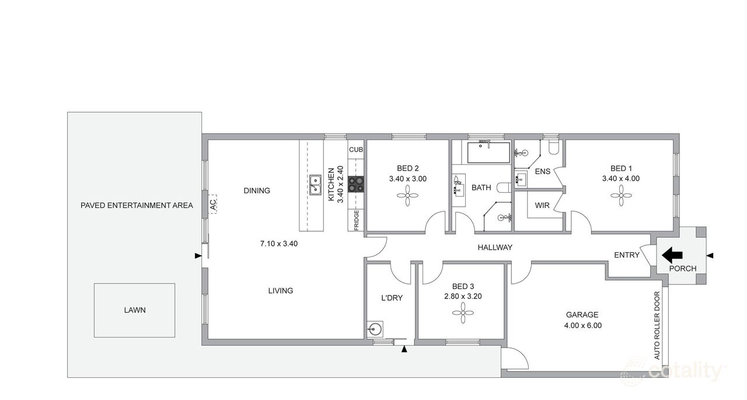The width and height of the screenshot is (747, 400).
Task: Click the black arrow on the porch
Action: click(x=672, y=255)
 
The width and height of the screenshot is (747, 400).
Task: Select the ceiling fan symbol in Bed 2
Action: click(x=408, y=196)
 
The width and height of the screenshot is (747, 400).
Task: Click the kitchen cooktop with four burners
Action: click(x=355, y=185)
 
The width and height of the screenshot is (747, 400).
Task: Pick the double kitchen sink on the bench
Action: click(x=315, y=185)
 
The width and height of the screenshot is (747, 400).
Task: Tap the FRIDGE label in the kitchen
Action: click(x=356, y=220)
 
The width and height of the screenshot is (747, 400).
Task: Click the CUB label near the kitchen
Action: click(x=355, y=149)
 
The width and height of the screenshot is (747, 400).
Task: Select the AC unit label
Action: click(x=213, y=204)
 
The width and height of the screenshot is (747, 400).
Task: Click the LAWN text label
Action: click(x=135, y=310)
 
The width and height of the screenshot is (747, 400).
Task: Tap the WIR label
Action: click(x=542, y=206)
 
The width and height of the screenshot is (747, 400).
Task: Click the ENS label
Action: click(x=543, y=172)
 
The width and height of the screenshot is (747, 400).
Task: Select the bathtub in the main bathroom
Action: click(x=488, y=152)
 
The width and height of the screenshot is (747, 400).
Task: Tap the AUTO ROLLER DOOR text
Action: click(x=657, y=325)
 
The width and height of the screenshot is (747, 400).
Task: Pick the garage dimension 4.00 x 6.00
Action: click(x=582, y=326)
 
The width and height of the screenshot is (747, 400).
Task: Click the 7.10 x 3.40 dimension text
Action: click(x=279, y=244)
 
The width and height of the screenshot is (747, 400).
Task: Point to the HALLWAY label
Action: click(x=495, y=248)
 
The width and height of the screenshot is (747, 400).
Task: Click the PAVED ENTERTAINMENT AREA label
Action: click(x=137, y=206)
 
